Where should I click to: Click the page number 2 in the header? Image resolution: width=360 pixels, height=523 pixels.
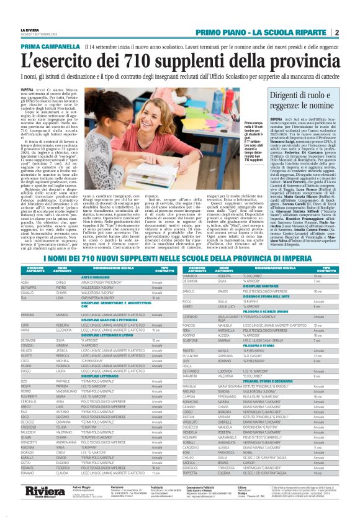pos(336,32)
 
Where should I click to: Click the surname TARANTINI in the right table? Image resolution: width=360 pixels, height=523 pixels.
pos(192,376)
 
